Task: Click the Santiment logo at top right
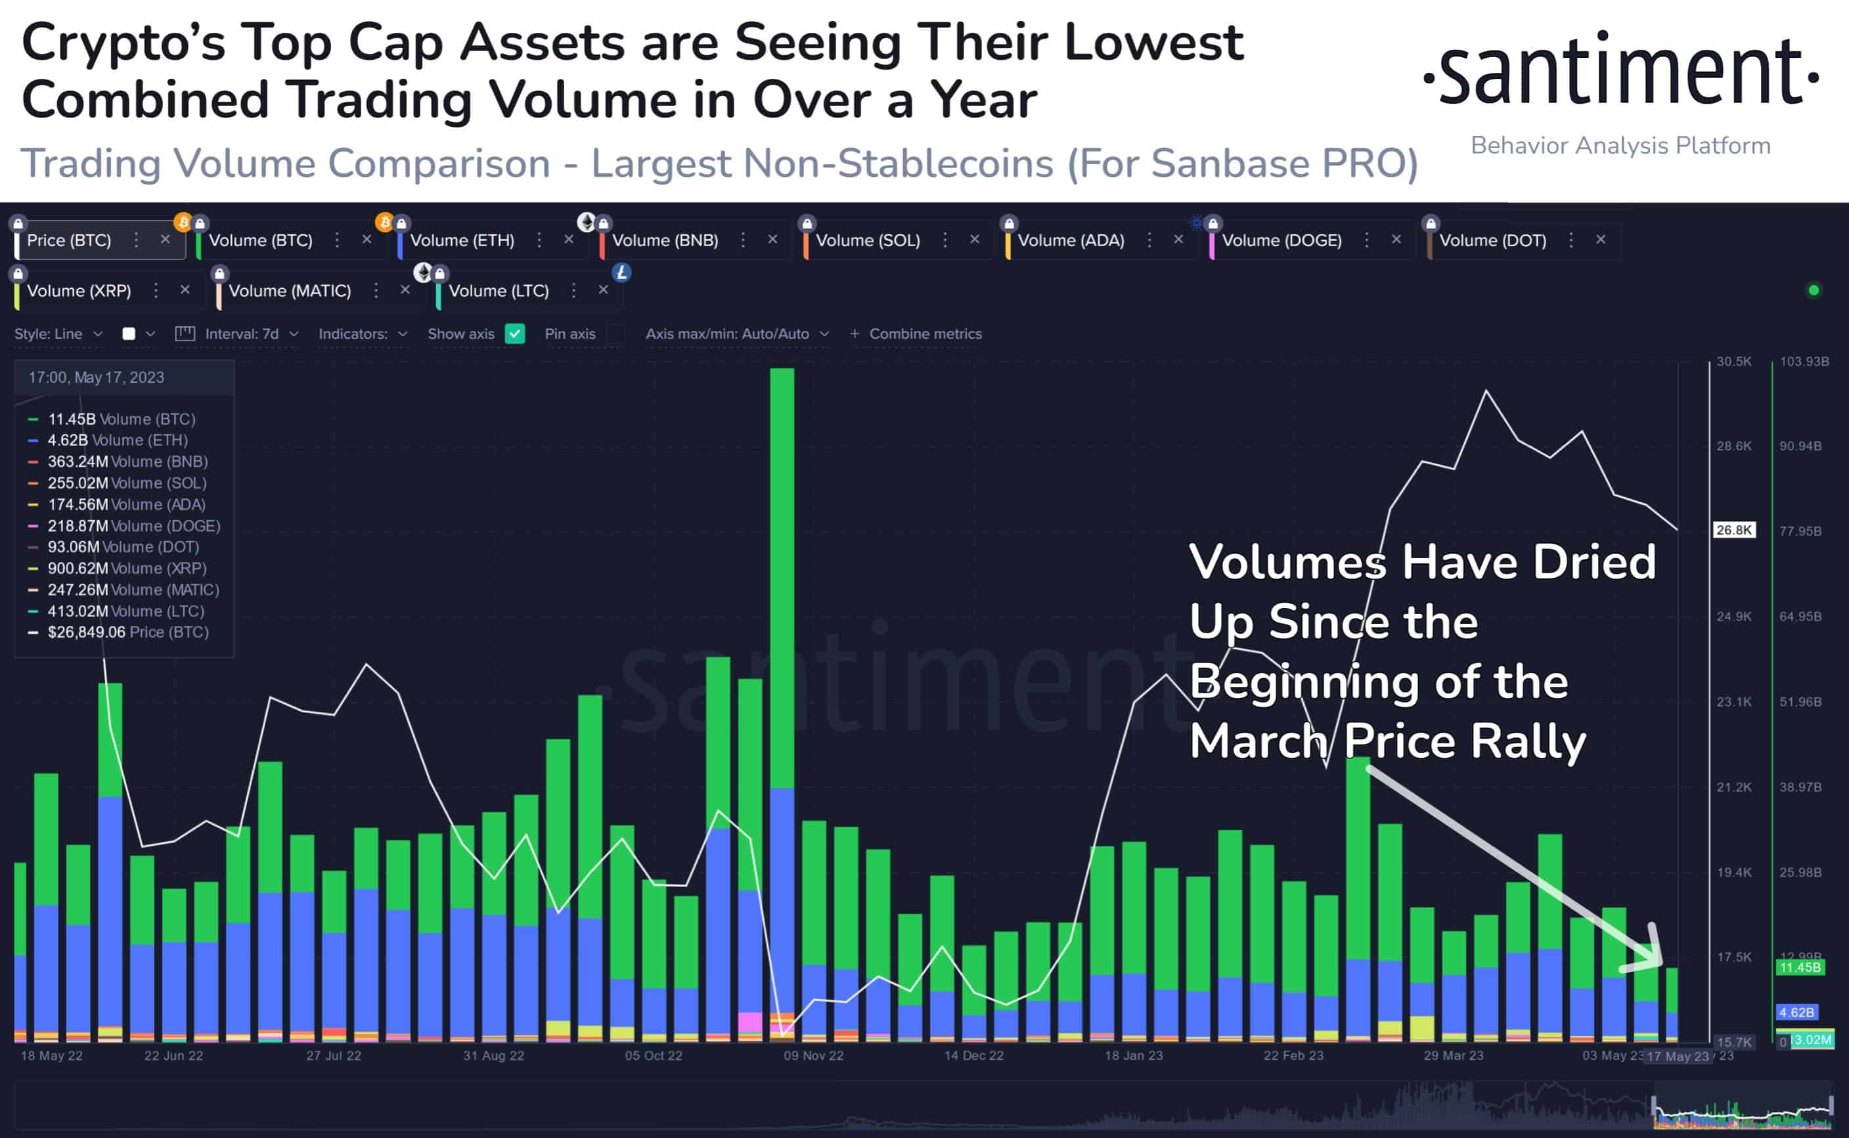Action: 1620,72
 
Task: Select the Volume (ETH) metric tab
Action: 462,241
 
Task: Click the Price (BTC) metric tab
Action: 68,241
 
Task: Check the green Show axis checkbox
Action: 515,334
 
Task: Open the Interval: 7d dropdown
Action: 241,334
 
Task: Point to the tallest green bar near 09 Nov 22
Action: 782,572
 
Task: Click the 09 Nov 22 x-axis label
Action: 813,1056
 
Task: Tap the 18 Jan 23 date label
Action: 1133,1056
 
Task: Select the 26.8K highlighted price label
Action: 1734,531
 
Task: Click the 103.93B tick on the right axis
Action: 1804,362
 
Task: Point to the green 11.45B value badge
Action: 1799,968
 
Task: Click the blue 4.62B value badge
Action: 1796,1013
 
